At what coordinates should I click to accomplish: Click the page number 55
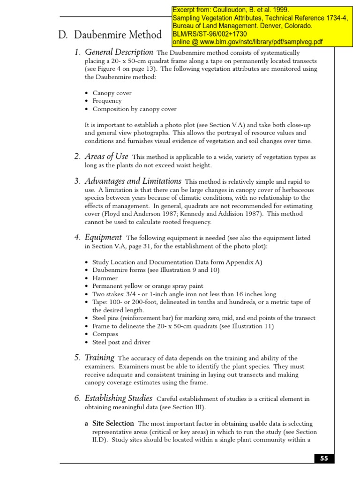(x=324, y=459)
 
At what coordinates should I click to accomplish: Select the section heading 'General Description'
(x=119, y=52)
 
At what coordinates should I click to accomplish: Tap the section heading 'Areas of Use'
(x=106, y=157)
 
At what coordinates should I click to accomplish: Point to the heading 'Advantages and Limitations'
(x=133, y=181)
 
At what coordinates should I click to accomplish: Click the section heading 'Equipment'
(x=103, y=238)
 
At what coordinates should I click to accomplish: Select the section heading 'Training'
(x=99, y=358)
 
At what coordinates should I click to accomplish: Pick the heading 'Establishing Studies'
(x=118, y=398)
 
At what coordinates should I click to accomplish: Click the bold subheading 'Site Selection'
(x=113, y=423)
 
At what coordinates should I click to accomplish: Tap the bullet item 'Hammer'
(x=105, y=278)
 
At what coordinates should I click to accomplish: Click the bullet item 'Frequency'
(x=107, y=101)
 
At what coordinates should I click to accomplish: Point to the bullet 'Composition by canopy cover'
(x=135, y=109)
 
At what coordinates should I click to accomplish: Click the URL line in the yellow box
(x=248, y=42)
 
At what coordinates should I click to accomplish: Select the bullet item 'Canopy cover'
(x=112, y=93)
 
